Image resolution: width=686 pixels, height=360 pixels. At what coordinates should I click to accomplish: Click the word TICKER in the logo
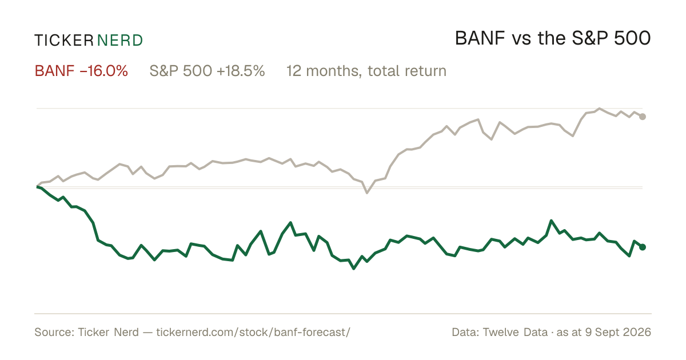64,41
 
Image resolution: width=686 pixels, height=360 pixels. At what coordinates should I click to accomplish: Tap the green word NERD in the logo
120,41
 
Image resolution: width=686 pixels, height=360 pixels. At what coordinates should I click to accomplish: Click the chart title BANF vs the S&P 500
553,38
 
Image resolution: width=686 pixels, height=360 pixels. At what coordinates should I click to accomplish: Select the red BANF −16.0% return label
81,71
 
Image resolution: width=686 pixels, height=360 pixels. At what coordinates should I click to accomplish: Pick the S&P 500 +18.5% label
207,71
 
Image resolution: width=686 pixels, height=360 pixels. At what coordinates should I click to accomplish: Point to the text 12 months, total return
366,71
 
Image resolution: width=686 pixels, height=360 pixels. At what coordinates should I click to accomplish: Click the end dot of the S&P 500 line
643,117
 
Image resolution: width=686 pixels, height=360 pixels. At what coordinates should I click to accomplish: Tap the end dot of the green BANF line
643,247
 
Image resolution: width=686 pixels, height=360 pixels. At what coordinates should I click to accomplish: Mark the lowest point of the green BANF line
354,269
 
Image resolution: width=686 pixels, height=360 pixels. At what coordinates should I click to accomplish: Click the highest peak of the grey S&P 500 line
599,109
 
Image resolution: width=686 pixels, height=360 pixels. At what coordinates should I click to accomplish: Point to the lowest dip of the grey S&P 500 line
367,193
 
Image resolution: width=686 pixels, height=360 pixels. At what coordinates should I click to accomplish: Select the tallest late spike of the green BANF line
551,221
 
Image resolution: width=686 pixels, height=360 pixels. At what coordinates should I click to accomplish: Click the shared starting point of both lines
37,186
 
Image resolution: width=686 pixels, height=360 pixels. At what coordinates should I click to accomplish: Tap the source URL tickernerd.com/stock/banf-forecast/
253,332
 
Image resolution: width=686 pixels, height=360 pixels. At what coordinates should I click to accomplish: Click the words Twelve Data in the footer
515,332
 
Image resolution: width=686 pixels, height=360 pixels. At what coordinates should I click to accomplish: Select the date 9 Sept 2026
618,332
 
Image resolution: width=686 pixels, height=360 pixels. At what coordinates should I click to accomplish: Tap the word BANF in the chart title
480,38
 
